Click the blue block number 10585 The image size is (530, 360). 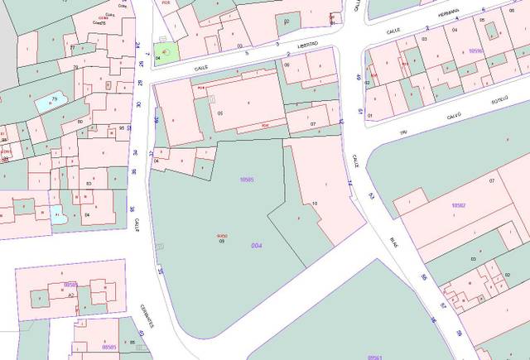246,180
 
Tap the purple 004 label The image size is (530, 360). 257,246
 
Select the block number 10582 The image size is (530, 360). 459,204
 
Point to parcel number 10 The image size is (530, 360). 316,202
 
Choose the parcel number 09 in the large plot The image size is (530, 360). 222,241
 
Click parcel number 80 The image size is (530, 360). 79,122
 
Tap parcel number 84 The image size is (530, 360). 86,214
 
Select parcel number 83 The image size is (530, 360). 88,183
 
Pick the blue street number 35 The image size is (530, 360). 160,271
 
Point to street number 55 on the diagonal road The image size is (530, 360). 424,277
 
